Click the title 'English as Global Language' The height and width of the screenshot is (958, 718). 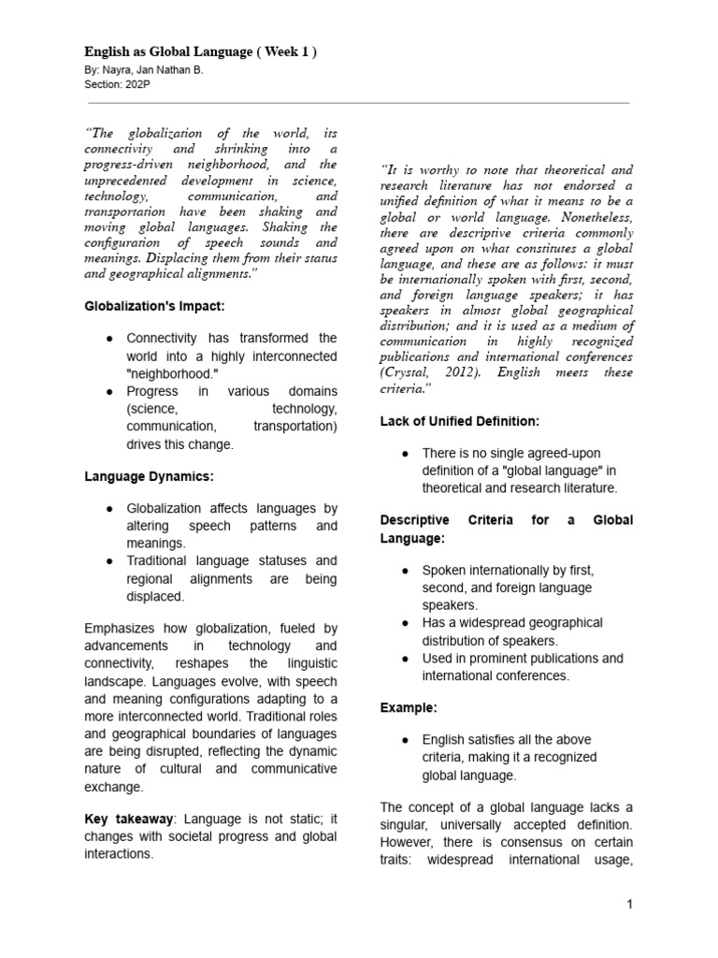[168, 51]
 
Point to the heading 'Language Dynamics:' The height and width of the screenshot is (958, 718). [150, 476]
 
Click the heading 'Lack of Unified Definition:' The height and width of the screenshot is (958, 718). [459, 421]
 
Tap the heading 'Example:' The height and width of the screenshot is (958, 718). [409, 707]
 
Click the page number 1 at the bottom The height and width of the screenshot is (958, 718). [630, 904]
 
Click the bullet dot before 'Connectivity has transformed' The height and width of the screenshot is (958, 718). [110, 338]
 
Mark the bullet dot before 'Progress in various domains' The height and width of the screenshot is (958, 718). [110, 391]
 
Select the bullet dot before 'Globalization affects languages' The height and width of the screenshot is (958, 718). [110, 508]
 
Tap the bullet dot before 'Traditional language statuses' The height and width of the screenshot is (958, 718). [110, 561]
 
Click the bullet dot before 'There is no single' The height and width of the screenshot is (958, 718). [405, 453]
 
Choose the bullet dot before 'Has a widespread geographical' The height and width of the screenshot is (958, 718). [405, 623]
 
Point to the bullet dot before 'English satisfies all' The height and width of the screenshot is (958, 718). [405, 739]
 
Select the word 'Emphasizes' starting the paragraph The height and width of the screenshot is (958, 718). [119, 629]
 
